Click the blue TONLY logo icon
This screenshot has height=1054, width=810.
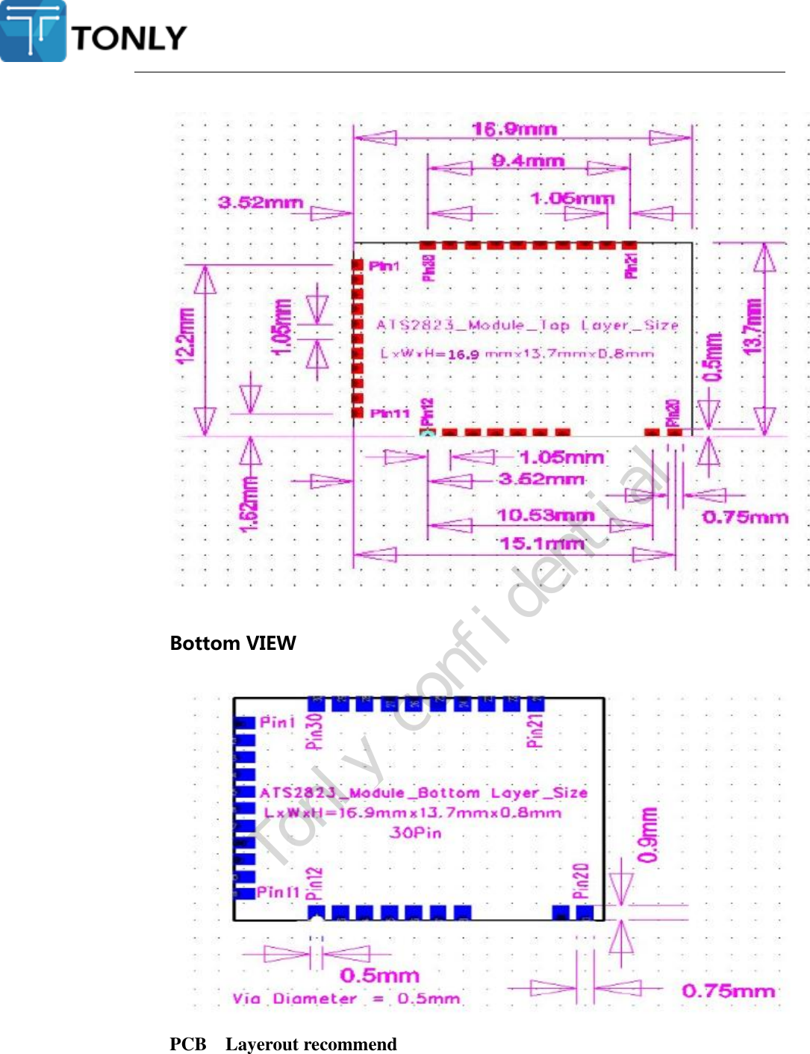[x=34, y=31]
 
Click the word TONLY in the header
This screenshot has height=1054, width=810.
[x=129, y=38]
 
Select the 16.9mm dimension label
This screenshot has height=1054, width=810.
[x=514, y=129]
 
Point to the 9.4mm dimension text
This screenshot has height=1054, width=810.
[x=527, y=161]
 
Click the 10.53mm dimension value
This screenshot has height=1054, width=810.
[x=546, y=515]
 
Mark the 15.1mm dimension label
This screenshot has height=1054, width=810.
[x=542, y=543]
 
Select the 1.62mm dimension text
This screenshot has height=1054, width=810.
[x=249, y=504]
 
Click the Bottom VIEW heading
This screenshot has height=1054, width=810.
[x=233, y=643]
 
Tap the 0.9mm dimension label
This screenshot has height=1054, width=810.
[x=649, y=834]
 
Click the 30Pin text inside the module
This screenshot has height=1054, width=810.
[x=415, y=832]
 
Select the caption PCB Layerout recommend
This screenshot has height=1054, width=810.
[x=283, y=1044]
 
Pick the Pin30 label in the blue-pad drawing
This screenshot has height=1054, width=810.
[x=315, y=731]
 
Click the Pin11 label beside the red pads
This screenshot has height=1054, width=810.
[x=390, y=413]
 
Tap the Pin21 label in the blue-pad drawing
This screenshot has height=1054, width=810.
[x=535, y=731]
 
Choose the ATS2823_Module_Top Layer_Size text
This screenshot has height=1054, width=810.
[x=527, y=325]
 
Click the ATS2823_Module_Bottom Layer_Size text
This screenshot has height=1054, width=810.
[x=423, y=793]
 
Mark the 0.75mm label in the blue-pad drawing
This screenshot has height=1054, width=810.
[x=728, y=991]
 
